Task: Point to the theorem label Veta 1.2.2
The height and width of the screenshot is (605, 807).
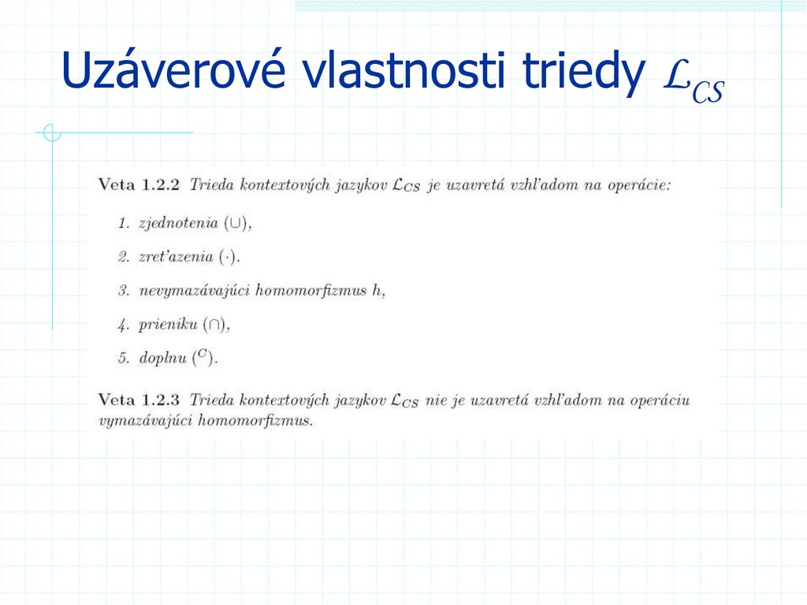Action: click(x=139, y=185)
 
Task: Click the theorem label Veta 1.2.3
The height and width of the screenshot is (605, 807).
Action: click(x=139, y=400)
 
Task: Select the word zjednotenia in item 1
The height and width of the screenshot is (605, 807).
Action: click(x=177, y=223)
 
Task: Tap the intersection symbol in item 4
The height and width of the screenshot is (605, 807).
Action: click(x=215, y=324)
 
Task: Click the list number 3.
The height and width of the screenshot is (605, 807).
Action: click(x=124, y=290)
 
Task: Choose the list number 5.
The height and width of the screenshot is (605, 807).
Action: click(x=124, y=358)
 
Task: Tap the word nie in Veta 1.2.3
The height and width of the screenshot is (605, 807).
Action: click(x=435, y=400)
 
